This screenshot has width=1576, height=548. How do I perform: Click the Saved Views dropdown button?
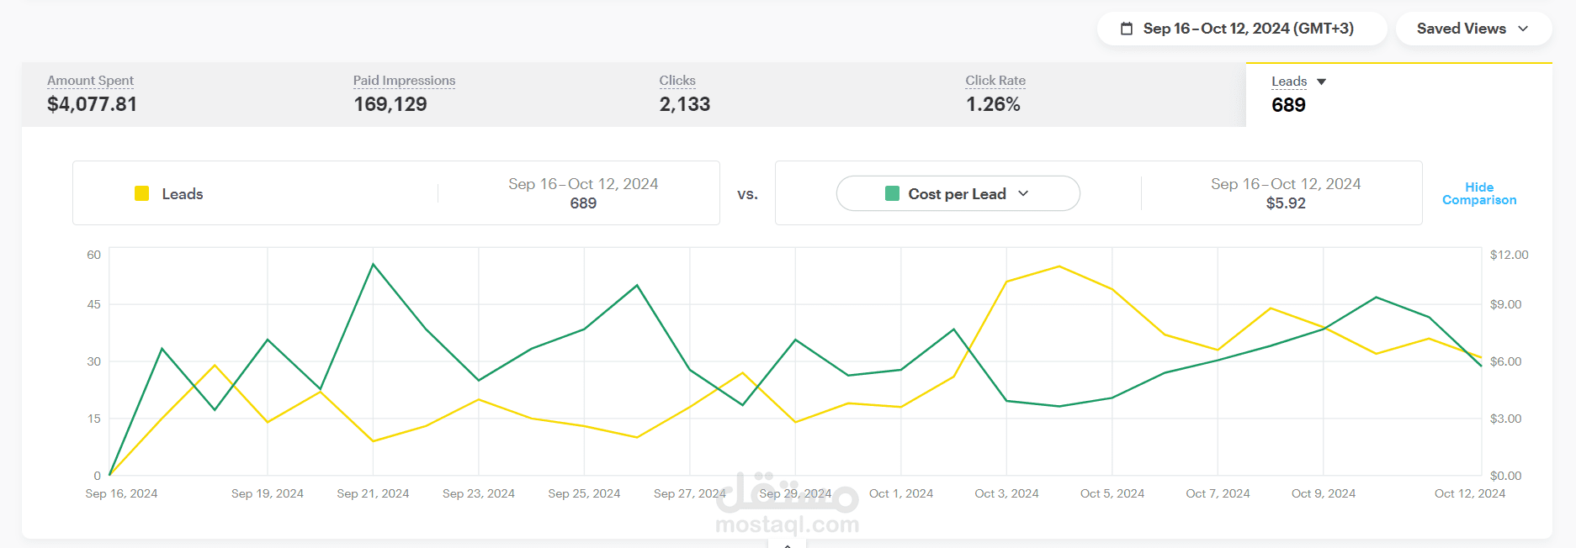1473,29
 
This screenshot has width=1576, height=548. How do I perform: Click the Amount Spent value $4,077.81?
92,104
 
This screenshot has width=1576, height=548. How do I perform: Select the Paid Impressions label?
404,81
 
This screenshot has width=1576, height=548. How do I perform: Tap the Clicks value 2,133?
684,104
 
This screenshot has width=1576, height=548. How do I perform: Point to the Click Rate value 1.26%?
993,104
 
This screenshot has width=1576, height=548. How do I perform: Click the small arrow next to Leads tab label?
1321,82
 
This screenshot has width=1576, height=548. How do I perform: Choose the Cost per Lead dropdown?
958,193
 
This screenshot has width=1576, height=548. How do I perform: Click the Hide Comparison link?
1478,193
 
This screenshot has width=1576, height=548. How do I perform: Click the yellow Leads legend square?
142,193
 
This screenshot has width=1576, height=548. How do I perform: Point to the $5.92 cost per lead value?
1286,203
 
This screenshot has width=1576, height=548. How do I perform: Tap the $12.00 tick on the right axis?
1509,255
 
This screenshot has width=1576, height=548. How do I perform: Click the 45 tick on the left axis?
93,304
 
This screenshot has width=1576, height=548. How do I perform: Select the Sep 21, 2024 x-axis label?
373,493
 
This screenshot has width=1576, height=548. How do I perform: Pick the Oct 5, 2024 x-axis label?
1112,493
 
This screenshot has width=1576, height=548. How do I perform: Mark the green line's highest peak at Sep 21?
373,265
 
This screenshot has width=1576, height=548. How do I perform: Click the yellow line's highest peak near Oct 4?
1059,266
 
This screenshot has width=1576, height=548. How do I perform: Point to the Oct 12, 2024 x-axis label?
1469,493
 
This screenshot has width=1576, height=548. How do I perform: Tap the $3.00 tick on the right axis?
1505,419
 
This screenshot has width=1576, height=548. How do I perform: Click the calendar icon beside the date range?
1127,29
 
